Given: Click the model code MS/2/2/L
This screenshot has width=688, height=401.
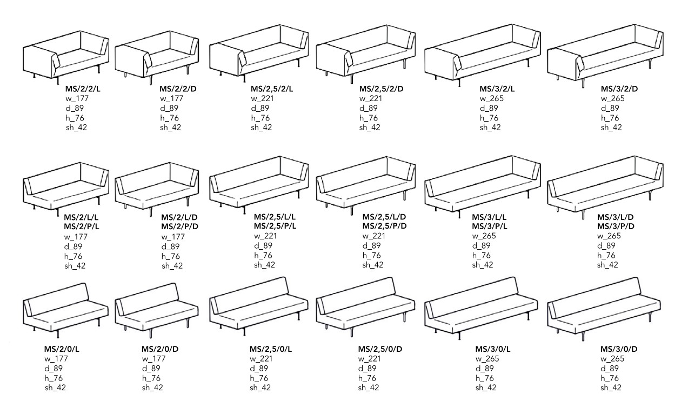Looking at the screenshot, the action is [83, 89].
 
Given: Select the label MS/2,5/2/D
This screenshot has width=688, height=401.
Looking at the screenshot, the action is [381, 89].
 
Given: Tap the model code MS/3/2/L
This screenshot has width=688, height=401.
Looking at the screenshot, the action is [497, 89].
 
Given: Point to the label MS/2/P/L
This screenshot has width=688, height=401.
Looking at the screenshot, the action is [82, 226].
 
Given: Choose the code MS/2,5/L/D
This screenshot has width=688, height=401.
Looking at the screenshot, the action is [384, 217].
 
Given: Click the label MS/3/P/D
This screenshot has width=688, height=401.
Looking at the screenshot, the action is [616, 226].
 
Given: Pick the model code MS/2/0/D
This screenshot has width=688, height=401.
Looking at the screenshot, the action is [160, 349].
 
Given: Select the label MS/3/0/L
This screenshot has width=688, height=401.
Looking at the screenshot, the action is [493, 349].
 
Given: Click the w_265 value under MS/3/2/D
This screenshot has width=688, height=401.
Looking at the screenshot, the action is [612, 98].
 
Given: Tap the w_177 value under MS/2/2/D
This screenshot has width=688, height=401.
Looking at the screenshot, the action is [171, 98].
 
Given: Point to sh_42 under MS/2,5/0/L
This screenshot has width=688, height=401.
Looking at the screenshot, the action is [260, 387].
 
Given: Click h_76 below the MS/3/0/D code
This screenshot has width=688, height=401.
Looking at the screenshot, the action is [610, 378].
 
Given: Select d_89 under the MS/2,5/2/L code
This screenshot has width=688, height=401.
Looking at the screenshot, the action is [260, 108].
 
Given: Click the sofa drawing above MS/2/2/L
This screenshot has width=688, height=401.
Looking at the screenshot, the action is [66, 57].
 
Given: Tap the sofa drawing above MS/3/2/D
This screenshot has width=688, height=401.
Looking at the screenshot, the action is [605, 55].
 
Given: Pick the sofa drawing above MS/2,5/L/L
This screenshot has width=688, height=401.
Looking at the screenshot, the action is [259, 185].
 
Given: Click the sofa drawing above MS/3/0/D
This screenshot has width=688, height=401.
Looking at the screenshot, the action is [604, 309].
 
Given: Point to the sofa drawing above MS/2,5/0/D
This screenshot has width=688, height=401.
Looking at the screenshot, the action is [365, 307].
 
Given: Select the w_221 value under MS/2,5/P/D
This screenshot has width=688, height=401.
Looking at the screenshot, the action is [373, 236].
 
